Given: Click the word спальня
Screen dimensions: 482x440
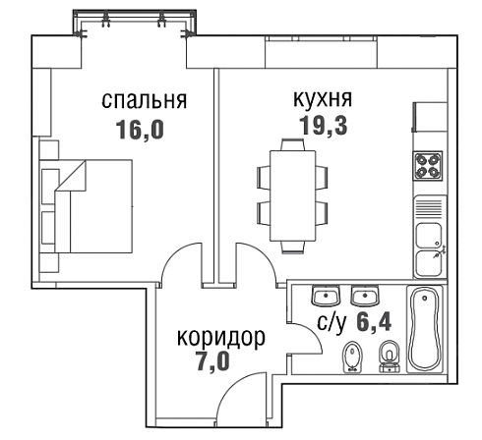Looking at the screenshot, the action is point(145,100).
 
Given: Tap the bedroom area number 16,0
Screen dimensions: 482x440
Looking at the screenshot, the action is point(141,130).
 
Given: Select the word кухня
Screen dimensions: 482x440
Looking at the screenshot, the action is point(323,98).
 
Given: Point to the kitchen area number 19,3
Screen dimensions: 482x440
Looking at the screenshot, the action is point(323,126).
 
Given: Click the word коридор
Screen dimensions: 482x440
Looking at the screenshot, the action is point(221,337).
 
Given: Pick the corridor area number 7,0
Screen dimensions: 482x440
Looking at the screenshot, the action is point(213,361).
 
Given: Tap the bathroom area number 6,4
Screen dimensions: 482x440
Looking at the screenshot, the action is point(374,322).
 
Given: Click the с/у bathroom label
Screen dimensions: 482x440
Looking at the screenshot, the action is point(331,322).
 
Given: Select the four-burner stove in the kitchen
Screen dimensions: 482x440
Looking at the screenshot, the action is point(428,166).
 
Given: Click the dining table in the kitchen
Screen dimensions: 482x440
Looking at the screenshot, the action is point(293,195).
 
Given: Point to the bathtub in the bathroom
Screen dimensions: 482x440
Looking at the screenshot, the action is point(425,329).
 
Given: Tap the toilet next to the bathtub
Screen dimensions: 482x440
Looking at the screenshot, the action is point(390,357).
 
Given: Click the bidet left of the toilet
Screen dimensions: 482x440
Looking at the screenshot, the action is point(352,357).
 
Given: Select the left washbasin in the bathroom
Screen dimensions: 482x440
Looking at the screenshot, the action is point(326,296).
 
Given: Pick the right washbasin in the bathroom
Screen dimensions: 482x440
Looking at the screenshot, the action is point(365,296).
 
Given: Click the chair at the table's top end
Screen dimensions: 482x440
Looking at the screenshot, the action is point(293,144).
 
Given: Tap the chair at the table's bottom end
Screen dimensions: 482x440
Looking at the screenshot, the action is point(293,247).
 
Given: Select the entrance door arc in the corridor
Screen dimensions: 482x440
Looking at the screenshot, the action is point(231,386).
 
